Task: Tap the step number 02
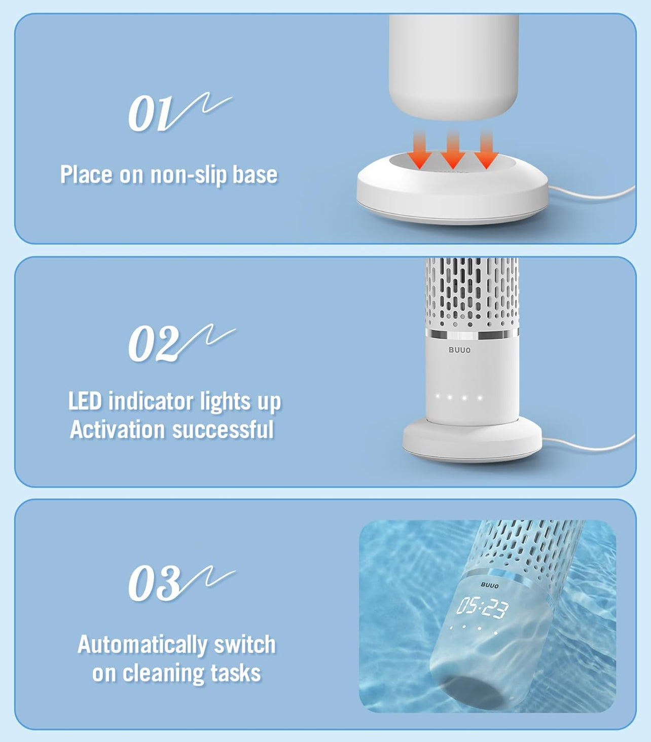pyautogui.click(x=154, y=344)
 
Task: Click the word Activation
pyautogui.click(x=117, y=429)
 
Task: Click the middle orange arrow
pyautogui.click(x=453, y=150)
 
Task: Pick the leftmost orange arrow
pyautogui.click(x=419, y=150)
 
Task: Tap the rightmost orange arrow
pyautogui.click(x=486, y=150)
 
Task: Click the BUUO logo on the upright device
pyautogui.click(x=459, y=350)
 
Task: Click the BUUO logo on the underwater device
pyautogui.click(x=489, y=585)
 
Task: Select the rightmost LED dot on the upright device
pyautogui.click(x=480, y=397)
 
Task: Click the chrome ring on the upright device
pyautogui.click(x=472, y=334)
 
